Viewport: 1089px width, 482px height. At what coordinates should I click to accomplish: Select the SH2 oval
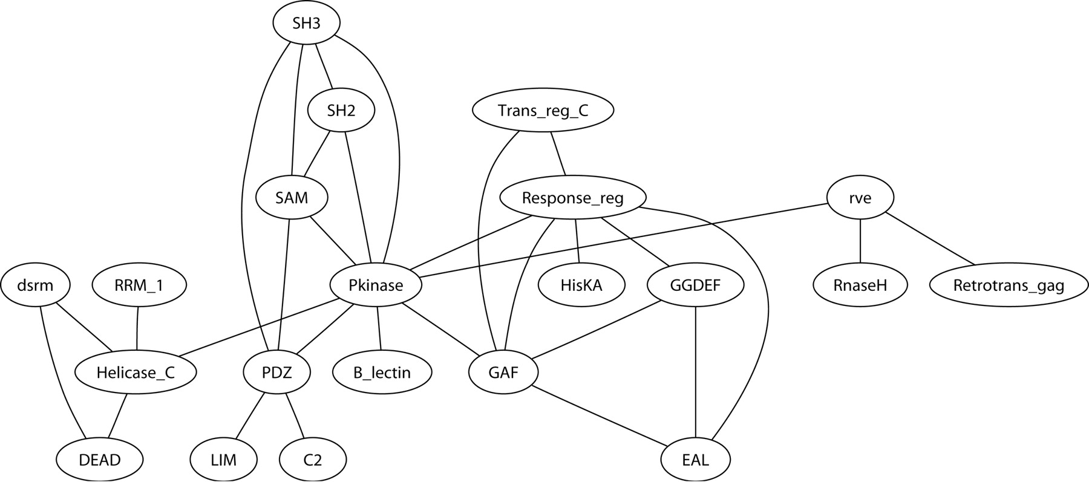[341, 111]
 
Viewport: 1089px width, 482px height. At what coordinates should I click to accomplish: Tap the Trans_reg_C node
[543, 111]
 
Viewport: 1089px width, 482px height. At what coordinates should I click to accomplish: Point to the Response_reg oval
[572, 198]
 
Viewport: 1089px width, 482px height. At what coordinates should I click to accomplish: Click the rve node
[860, 198]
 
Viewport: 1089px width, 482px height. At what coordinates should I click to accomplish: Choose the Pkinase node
[376, 285]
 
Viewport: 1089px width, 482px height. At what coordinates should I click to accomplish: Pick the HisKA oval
[581, 285]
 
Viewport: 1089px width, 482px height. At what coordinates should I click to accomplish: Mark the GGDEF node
[696, 285]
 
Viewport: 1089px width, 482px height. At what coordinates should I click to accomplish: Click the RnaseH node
[860, 285]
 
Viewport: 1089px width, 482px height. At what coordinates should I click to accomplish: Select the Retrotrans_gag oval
[1009, 285]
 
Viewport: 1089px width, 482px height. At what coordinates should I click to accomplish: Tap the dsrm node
[36, 285]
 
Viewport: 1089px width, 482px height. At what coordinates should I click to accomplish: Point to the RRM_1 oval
[139, 285]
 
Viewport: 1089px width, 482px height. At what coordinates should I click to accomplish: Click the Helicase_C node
[136, 373]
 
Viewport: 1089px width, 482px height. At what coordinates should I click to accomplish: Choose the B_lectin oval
[382, 373]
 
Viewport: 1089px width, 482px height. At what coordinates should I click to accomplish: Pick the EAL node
[696, 460]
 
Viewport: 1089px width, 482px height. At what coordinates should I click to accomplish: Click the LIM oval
[223, 460]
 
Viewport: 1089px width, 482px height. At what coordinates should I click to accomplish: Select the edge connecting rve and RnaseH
[860, 241]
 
